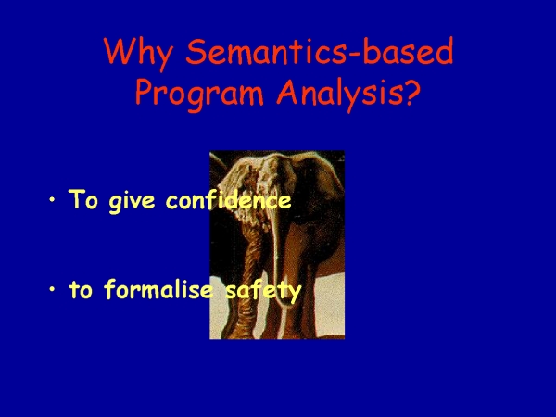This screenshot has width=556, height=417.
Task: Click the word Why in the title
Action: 138,53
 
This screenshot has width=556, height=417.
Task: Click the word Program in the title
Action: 199,93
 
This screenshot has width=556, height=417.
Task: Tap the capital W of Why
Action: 120,51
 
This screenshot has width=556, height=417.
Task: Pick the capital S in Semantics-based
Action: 196,51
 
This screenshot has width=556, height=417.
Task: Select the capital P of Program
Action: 145,91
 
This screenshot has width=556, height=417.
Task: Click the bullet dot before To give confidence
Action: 53,199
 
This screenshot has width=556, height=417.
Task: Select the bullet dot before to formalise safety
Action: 53,289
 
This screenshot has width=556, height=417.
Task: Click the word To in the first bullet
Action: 83,199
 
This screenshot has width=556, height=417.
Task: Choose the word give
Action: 132,201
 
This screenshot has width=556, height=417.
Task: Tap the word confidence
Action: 228,199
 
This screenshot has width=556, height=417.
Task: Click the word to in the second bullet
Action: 81,290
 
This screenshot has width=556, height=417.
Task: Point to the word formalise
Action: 158,289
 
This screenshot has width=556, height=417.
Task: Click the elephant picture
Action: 277,245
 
